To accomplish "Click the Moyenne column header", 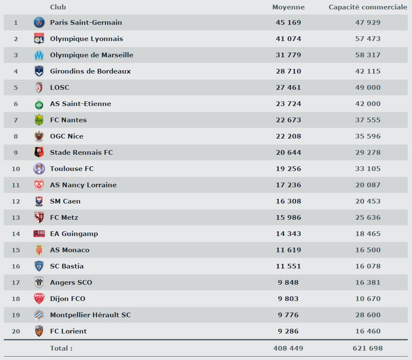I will pos(288,7).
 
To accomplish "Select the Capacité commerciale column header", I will pos(368,7).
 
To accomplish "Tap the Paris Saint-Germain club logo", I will pos(39,22).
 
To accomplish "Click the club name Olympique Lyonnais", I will pos(86,38).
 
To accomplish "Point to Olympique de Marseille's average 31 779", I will pos(288,55).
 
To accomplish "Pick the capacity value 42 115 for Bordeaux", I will pos(368,71).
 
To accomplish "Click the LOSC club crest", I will pos(39,87).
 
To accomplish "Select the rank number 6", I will pos(16,103).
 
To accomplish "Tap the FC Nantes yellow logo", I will pos(39,120).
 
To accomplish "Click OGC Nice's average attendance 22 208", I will pos(288,136).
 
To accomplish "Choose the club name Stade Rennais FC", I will pos(81,152).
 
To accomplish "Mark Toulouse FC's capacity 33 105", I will pos(368,168).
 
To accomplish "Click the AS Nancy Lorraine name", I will pos(83,185).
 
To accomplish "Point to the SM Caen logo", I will pos(39,201).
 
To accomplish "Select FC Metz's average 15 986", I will pos(288,217).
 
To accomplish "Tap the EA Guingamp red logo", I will pos(39,233).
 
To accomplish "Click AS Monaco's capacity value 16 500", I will pos(368,250).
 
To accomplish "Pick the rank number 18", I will pos(16,298).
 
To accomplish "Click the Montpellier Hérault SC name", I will pos(90,315).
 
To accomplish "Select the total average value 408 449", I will pos(288,348).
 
